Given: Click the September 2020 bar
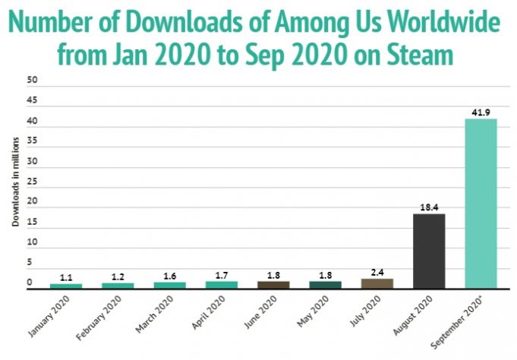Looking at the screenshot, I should click(481, 203).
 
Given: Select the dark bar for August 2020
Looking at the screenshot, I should click(429, 251).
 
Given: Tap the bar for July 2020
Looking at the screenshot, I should click(377, 283).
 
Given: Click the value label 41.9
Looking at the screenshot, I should click(481, 112).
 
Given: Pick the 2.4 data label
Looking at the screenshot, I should click(377, 271).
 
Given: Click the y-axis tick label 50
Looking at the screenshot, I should click(31, 80).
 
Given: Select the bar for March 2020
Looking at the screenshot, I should click(169, 285).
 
